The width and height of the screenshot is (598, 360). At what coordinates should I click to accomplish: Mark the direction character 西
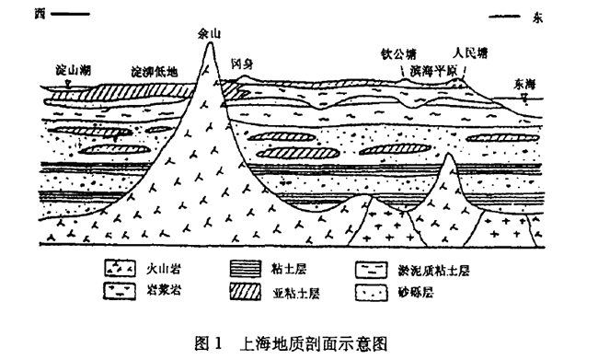click(x=39, y=14)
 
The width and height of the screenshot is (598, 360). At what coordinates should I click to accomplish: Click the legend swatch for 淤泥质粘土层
click(x=371, y=272)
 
